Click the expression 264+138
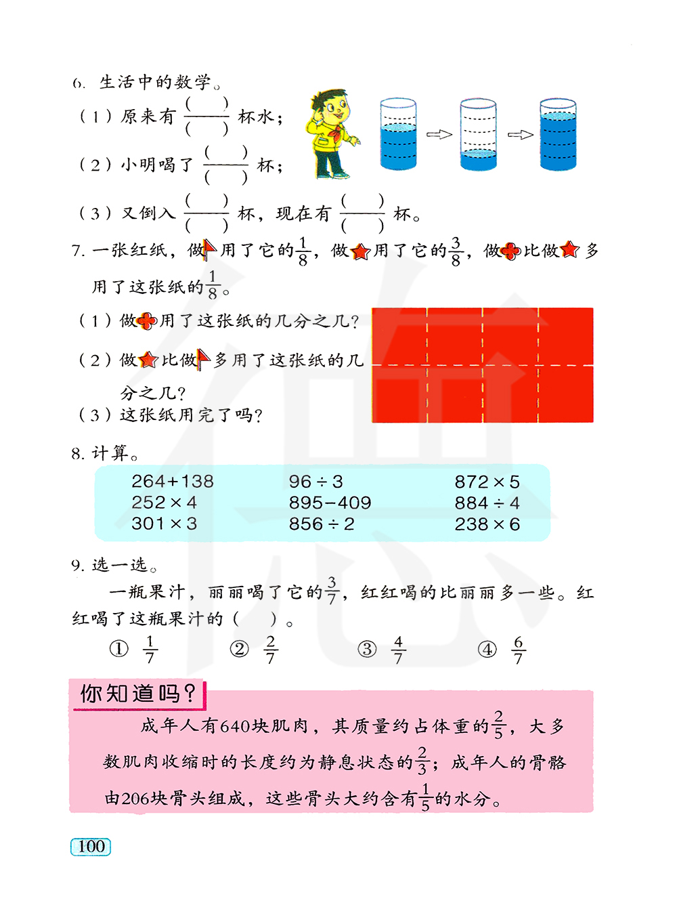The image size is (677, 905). point(172,482)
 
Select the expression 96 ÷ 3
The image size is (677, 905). point(315,482)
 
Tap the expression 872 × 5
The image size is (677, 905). point(487,482)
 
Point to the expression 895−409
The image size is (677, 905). point(330,503)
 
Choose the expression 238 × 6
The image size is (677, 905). point(487,524)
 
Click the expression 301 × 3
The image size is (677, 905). point(164,524)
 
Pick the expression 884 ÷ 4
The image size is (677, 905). point(487,503)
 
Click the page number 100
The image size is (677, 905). point(91,847)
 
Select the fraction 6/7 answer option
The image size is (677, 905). point(518,650)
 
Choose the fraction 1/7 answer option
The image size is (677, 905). point(150,650)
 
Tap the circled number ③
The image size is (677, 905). point(367,650)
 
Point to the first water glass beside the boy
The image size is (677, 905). point(398,134)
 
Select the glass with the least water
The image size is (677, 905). point(478,134)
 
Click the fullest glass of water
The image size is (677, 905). point(558,134)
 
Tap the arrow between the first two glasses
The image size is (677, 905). point(439,134)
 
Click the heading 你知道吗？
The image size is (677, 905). point(138,694)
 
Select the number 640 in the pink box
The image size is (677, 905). point(235,727)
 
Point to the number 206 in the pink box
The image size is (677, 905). point(136,799)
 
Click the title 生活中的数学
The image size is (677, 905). point(155,83)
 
